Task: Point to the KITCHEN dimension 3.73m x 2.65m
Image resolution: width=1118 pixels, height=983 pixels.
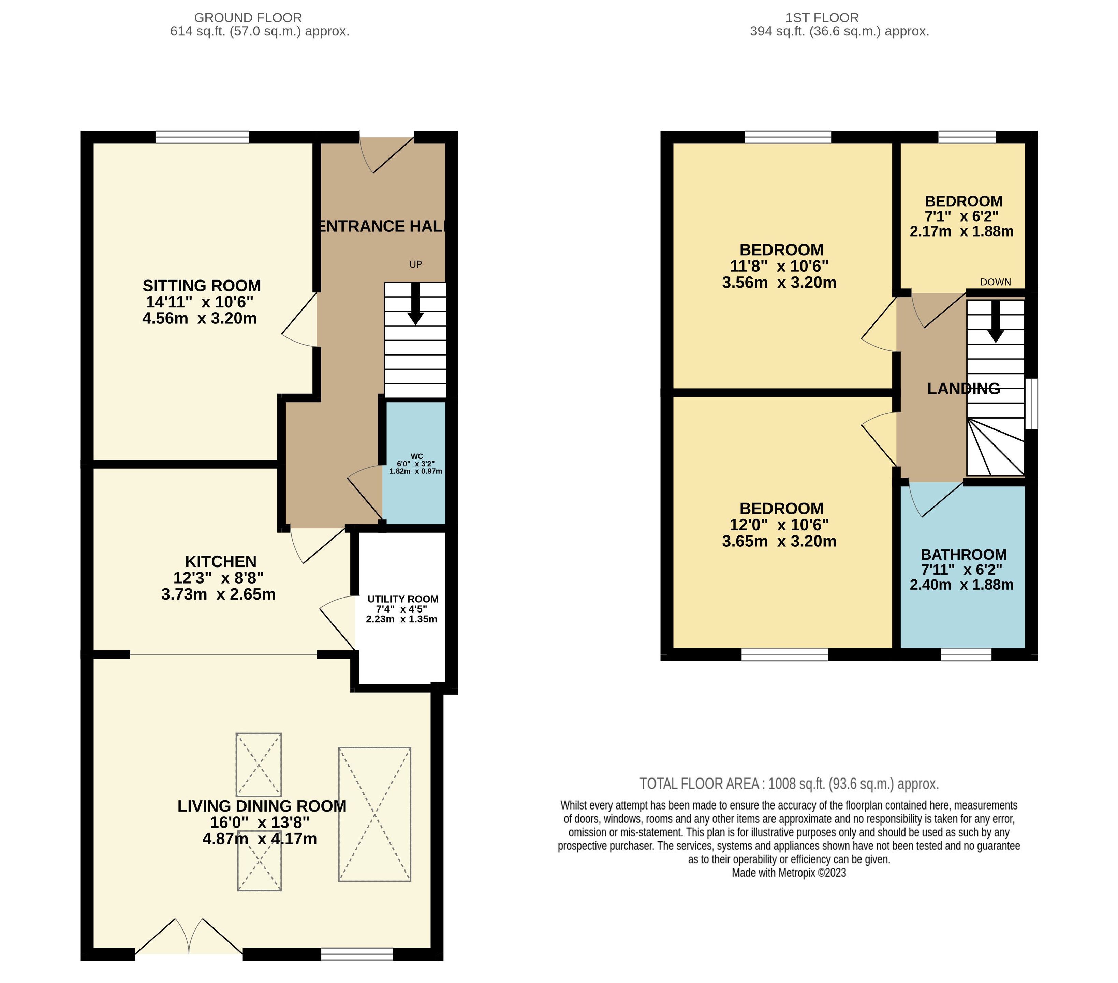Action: point(218,594)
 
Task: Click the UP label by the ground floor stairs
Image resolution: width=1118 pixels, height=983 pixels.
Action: point(416,264)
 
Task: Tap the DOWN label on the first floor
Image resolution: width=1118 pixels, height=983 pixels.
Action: point(996,282)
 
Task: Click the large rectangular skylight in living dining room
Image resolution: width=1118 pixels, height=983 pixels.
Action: point(375,814)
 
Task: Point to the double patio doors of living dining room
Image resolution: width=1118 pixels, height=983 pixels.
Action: point(189,937)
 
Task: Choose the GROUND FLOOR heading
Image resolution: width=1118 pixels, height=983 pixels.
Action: point(248,18)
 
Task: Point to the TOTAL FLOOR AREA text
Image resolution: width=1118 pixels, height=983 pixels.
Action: point(789,784)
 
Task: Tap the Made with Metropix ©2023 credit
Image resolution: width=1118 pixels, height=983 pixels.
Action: point(789,873)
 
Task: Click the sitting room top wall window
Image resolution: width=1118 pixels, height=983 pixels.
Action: point(202,137)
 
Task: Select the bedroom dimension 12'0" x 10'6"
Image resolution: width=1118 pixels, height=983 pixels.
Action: point(779,525)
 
